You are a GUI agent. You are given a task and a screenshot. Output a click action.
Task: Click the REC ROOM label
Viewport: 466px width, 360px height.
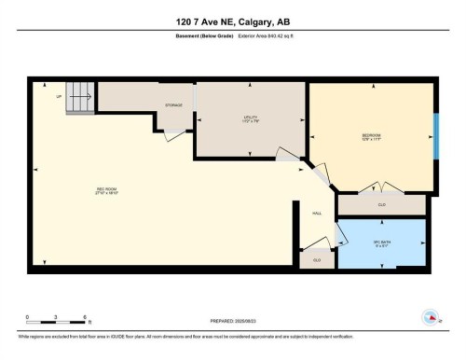[106, 193]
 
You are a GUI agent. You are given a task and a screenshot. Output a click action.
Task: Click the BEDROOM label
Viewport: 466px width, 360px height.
[371, 136]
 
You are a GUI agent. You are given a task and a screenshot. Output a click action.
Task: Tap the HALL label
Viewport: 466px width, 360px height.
[316, 214]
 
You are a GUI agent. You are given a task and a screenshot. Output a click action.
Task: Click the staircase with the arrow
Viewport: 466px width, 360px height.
[80, 97]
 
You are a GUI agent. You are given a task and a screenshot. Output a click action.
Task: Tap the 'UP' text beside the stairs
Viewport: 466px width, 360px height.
[60, 96]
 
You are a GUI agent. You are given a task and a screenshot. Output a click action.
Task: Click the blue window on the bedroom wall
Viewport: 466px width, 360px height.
[435, 136]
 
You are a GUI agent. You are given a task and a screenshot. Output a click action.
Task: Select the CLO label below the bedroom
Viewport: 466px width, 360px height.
[382, 204]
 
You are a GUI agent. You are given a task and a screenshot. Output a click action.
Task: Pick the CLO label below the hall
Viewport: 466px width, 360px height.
[317, 259]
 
